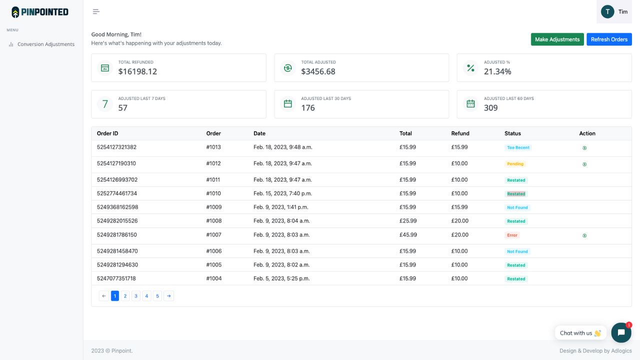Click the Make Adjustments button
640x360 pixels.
point(557,39)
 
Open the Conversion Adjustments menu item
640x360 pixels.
point(45,44)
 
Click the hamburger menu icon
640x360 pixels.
point(96,11)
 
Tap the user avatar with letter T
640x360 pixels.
point(607,11)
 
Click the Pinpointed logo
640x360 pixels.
point(40,12)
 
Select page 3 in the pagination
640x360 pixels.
point(136,296)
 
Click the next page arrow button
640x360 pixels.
point(168,296)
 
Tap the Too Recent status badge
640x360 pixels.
point(518,147)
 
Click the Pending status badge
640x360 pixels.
point(515,164)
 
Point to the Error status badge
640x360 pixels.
point(512,235)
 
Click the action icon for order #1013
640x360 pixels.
point(584,148)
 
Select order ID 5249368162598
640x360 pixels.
point(117,207)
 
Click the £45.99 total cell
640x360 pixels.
point(407,234)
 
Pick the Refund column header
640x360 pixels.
point(460,133)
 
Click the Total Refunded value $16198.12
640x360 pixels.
point(137,71)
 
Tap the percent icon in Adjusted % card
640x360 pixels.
point(470,68)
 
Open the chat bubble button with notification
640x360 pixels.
point(621,332)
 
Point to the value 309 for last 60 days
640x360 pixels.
point(490,108)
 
